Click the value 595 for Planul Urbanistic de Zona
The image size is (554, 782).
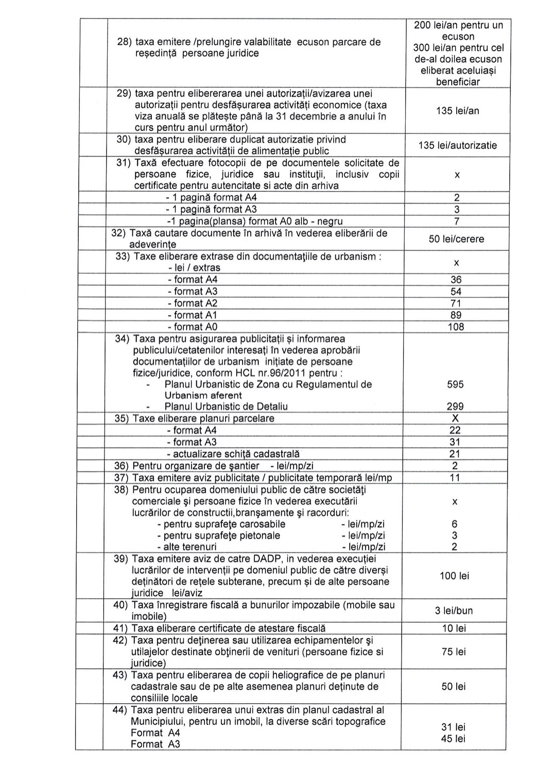(x=455, y=384)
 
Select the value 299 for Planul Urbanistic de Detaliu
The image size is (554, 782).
(x=455, y=406)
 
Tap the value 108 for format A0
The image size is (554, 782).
(x=456, y=327)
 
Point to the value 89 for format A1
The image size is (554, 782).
(x=456, y=315)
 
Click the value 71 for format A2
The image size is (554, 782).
(x=456, y=303)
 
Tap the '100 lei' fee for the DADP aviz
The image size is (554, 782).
(x=454, y=576)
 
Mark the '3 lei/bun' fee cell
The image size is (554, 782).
(x=454, y=611)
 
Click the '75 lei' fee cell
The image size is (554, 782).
(x=454, y=652)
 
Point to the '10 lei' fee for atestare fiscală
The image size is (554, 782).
(x=454, y=628)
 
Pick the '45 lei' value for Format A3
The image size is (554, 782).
(x=453, y=739)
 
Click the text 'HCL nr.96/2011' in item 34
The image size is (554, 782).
(x=288, y=373)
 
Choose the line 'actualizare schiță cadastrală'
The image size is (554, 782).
(x=233, y=454)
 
